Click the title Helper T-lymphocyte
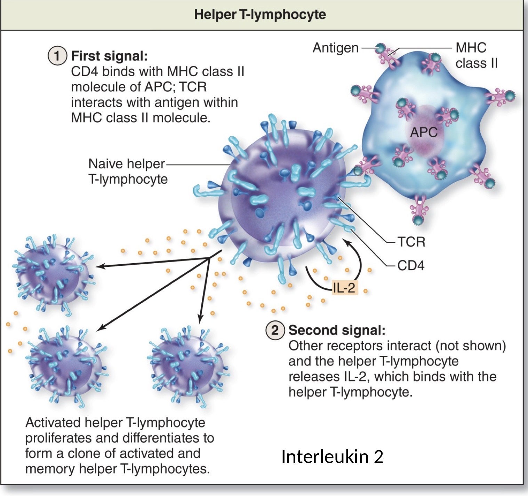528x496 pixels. pyautogui.click(x=260, y=15)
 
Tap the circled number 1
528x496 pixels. pyautogui.click(x=57, y=56)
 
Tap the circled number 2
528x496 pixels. pyautogui.click(x=275, y=330)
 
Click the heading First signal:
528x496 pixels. pyautogui.click(x=109, y=56)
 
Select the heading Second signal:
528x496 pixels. pyautogui.click(x=337, y=330)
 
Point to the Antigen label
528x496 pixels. pyautogui.click(x=335, y=48)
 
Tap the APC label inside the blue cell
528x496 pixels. pyautogui.click(x=423, y=132)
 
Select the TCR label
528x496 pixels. pyautogui.click(x=411, y=242)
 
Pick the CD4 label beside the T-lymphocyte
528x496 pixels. pyautogui.click(x=411, y=265)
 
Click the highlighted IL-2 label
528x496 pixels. pyautogui.click(x=344, y=288)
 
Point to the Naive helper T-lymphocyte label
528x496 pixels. pyautogui.click(x=128, y=171)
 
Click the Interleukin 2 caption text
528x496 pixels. pyautogui.click(x=332, y=456)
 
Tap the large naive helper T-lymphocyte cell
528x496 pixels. pyautogui.click(x=282, y=195)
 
